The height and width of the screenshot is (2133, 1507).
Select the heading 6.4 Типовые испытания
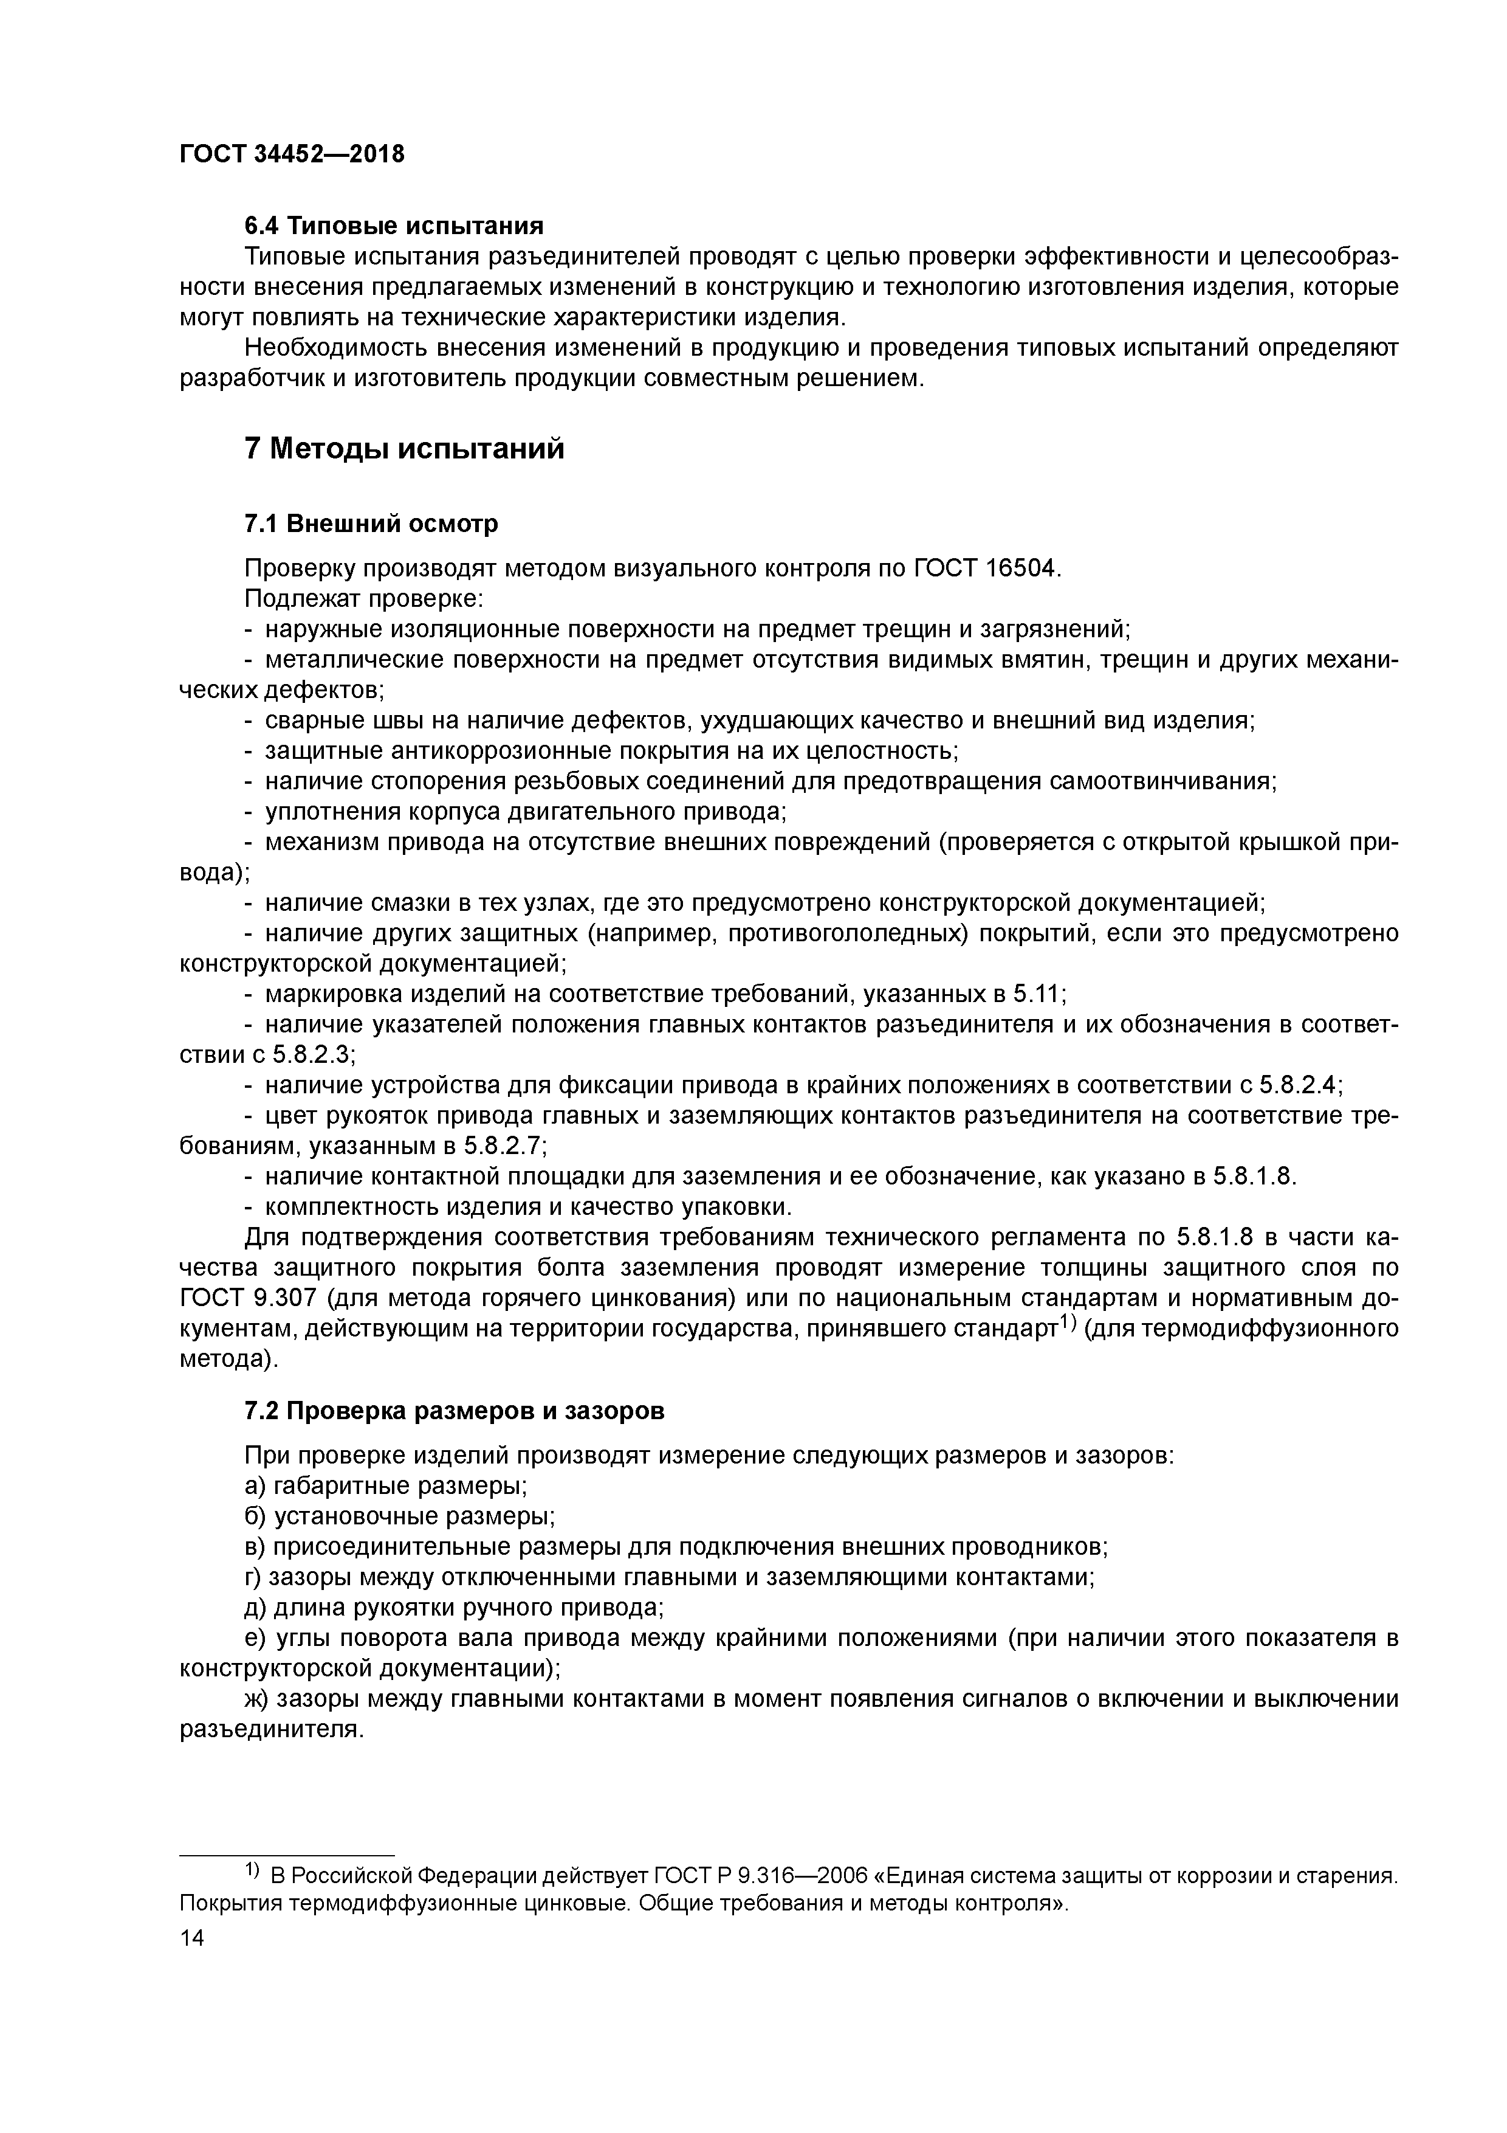point(394,226)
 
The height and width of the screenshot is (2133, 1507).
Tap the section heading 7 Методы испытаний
point(404,449)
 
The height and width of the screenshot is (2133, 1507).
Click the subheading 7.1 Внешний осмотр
point(371,524)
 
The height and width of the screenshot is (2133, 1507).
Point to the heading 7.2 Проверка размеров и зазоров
point(454,1410)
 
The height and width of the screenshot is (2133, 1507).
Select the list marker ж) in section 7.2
point(255,1698)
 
